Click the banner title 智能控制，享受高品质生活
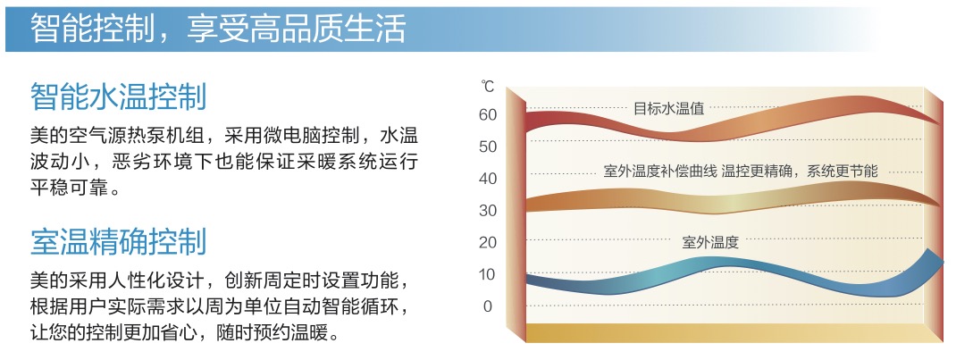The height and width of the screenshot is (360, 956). pos(218,28)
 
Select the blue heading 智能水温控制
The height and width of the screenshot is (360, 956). pos(119,96)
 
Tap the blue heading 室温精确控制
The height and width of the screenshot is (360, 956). pos(119,242)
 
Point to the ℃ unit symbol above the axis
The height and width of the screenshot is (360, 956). pos(487,86)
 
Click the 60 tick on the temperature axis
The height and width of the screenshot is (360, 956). pos(488,114)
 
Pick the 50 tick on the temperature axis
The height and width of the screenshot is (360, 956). pos(488,147)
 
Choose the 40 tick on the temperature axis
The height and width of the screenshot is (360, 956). pos(488,179)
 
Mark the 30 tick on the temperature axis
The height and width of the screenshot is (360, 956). pos(488,211)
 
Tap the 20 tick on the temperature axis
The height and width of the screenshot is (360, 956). pos(488,242)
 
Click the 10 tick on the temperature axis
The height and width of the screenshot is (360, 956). pos(488,275)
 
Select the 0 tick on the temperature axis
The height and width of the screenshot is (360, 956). pos(487,306)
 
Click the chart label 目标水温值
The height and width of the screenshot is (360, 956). pos(669,108)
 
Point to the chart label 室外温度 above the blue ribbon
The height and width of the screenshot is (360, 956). pos(710,242)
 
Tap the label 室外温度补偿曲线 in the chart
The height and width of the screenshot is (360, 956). pos(660,172)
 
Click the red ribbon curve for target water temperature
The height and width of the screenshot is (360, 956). pos(732,121)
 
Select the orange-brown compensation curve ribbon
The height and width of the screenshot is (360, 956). pos(732,202)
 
